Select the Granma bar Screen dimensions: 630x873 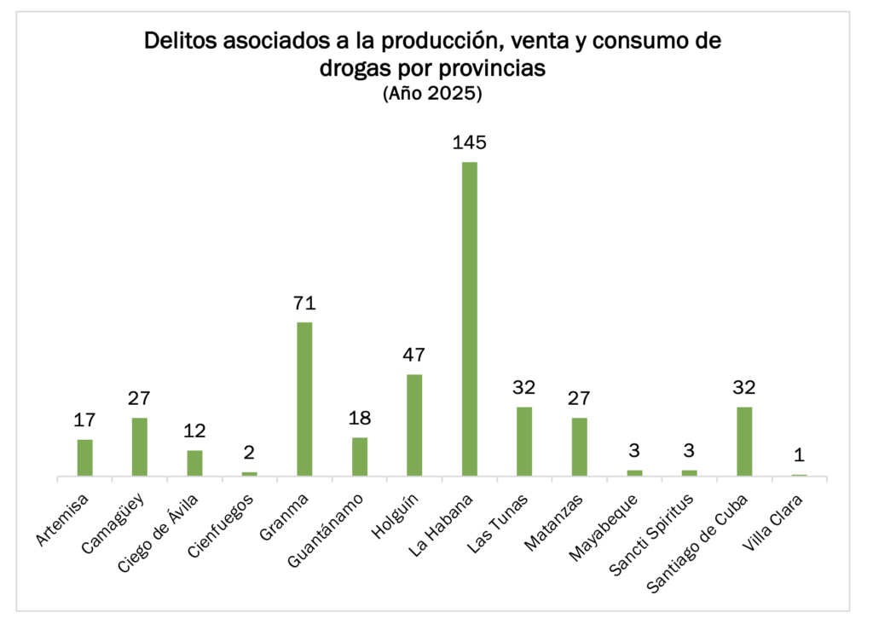(x=304, y=398)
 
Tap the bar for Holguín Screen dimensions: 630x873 (x=414, y=425)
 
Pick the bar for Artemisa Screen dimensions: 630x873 (x=84, y=457)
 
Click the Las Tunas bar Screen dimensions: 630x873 (x=524, y=441)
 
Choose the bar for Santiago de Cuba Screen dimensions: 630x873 (x=744, y=441)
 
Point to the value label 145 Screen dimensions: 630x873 (x=469, y=142)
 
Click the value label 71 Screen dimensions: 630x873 (x=304, y=303)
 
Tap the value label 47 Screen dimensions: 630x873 (x=414, y=355)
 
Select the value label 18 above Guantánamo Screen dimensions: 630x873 (x=359, y=419)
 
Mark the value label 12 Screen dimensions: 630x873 (x=194, y=431)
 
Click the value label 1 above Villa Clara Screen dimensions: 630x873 (x=799, y=455)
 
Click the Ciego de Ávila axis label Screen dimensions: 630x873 (x=168, y=524)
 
